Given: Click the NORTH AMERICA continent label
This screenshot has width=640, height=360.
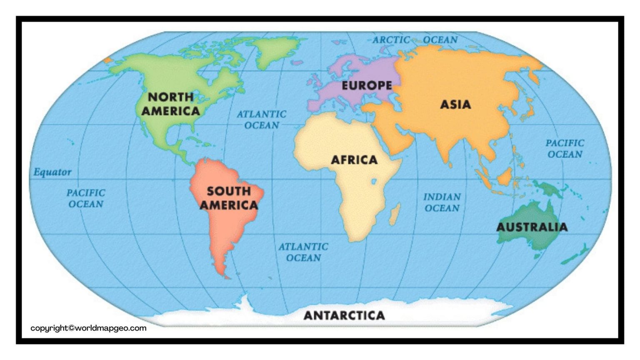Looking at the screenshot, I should pos(171,104).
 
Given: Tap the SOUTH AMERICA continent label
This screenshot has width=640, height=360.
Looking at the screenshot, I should pos(229,198).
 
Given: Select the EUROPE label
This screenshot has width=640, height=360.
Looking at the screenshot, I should pos(367,86).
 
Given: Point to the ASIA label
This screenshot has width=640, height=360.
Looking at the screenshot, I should pos(455,104).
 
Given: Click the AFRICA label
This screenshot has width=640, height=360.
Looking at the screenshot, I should pos(354,160).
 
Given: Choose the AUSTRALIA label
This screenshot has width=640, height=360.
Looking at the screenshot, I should pos(532,227).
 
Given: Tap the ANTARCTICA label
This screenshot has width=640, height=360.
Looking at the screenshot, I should pos(344,315).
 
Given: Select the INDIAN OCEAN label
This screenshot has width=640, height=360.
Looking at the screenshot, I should pos(442,202).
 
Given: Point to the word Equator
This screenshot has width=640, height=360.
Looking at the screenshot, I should pos(52,172).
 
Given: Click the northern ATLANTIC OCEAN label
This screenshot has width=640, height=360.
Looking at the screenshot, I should pos(262,120).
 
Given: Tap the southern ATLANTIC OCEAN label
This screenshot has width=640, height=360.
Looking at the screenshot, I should pos(303,252).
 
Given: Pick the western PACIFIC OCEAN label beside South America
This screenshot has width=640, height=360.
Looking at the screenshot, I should pos(86,198).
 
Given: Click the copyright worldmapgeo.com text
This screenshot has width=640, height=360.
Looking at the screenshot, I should pos(88,328).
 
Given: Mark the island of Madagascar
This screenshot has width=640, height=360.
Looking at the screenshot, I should pos(395,213).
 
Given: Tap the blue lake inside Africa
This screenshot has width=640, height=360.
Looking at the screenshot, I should pos(374,181).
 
